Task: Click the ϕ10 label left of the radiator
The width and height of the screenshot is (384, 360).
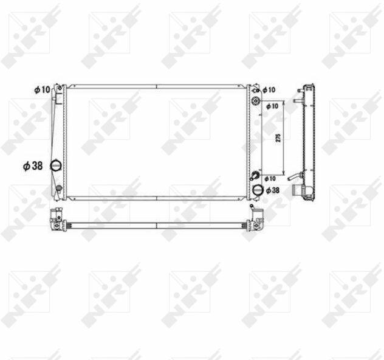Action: pyautogui.click(x=42, y=89)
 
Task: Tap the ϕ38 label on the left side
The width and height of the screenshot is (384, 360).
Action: pyautogui.click(x=33, y=166)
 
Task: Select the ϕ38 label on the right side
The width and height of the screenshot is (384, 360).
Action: pyautogui.click(x=272, y=190)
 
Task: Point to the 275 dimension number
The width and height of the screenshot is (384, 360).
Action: pyautogui.click(x=278, y=137)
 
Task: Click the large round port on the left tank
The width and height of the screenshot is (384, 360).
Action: pyautogui.click(x=55, y=165)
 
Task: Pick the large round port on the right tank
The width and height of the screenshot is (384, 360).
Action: pyautogui.click(x=258, y=190)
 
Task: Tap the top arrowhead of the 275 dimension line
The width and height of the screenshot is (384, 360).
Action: pyautogui.click(x=284, y=102)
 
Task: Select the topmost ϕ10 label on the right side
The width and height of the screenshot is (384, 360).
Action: pyautogui.click(x=269, y=90)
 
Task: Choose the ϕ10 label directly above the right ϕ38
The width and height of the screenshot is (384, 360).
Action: pyautogui.click(x=270, y=179)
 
